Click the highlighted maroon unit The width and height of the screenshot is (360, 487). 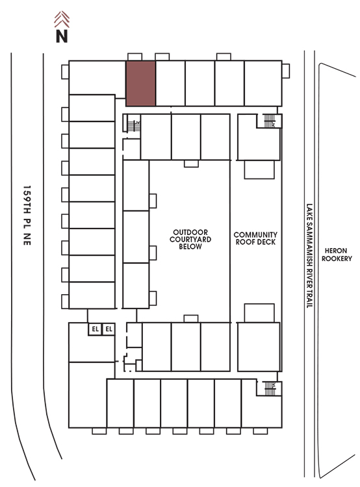(x=140, y=84)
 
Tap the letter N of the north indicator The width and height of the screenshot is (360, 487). (x=62, y=36)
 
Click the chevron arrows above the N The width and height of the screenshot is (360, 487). (x=62, y=19)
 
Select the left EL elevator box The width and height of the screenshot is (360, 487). (x=95, y=329)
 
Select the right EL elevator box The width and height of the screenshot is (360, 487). (x=109, y=329)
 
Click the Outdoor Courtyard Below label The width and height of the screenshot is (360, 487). (x=190, y=240)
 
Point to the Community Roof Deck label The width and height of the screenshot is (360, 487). (x=255, y=238)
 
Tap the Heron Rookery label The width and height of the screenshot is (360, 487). (x=337, y=255)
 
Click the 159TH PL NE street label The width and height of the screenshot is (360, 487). (x=27, y=216)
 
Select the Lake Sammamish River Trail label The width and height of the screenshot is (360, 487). (x=309, y=256)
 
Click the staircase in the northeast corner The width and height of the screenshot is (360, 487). (x=270, y=121)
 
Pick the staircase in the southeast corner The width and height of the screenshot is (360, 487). (x=270, y=388)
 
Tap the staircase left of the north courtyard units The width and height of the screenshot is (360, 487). (x=134, y=126)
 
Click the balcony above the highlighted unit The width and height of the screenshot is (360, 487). (x=135, y=57)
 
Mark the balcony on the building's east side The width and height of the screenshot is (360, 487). (x=286, y=71)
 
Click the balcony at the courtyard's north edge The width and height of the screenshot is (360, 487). (x=191, y=164)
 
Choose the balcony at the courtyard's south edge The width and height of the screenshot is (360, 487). (x=191, y=319)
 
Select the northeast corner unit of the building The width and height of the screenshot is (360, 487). (x=263, y=84)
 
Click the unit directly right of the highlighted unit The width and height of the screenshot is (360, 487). (x=170, y=84)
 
